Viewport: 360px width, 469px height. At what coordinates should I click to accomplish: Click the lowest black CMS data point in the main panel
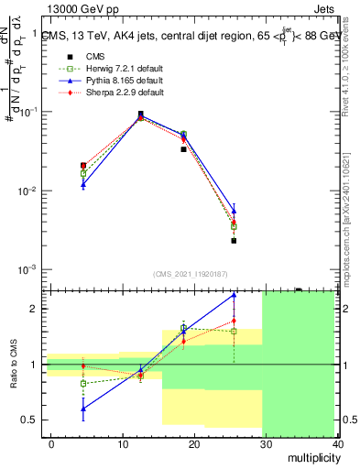tap(234, 241)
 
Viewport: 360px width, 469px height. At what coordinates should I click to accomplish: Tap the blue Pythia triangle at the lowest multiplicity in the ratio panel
tap(83, 409)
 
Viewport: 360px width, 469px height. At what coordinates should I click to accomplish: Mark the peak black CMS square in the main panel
tap(140, 115)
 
